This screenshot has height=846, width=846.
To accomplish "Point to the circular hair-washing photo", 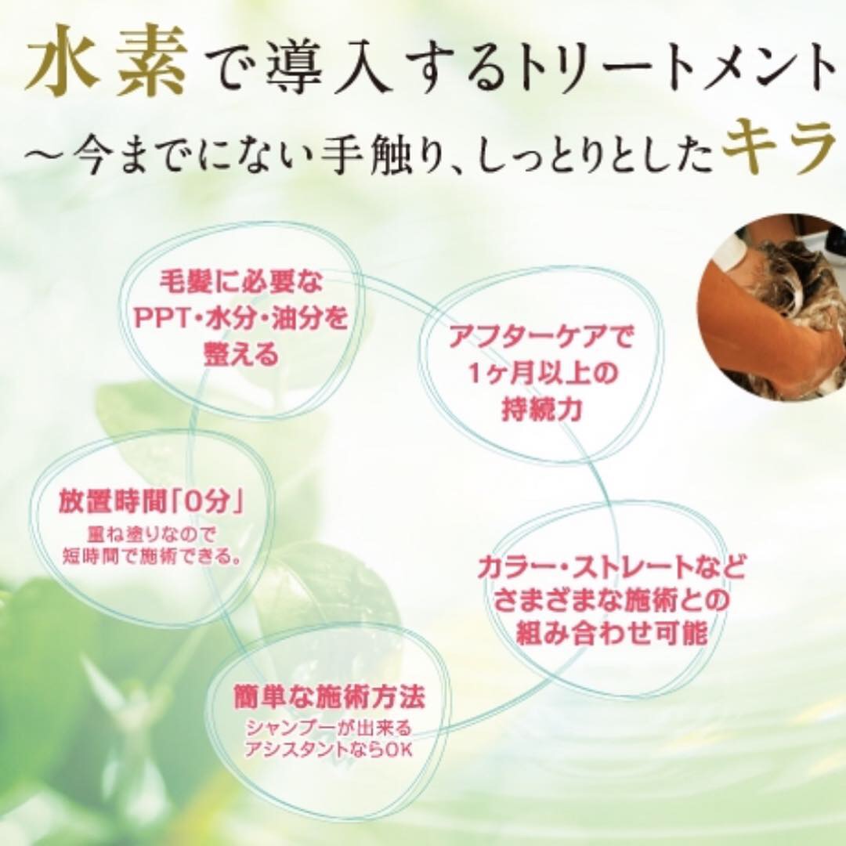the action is (772, 307).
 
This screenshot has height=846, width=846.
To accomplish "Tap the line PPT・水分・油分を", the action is (240, 318).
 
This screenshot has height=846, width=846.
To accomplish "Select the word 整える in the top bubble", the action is (240, 355).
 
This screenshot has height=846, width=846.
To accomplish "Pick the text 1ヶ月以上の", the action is (541, 374).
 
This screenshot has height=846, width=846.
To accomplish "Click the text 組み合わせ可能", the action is (612, 632).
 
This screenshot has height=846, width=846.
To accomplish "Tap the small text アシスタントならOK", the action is (328, 749).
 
